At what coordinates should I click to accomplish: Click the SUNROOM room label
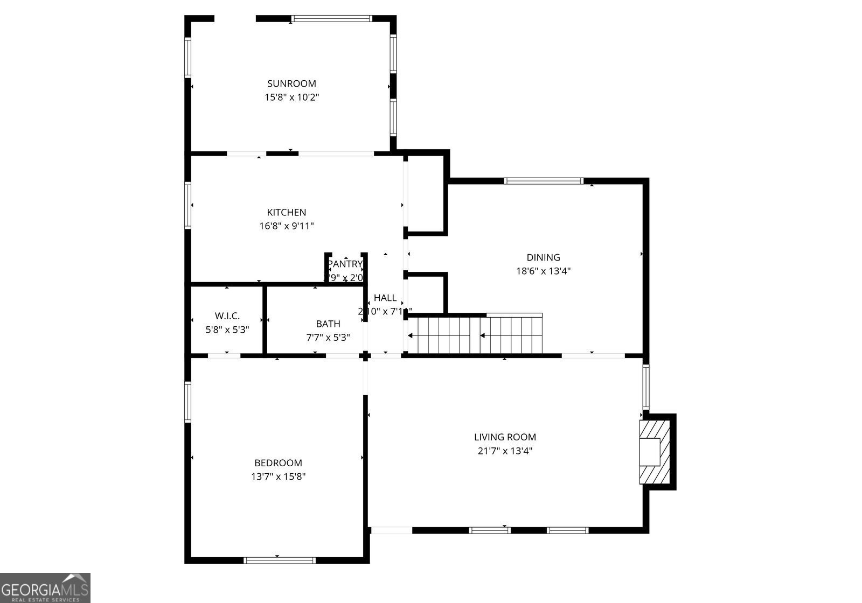pos(291,83)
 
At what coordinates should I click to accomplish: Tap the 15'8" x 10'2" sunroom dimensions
pos(291,97)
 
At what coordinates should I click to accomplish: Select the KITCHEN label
pos(287,213)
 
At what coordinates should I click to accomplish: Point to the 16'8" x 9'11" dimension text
pos(287,226)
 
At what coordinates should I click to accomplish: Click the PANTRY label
pos(345,264)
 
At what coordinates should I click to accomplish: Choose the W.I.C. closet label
pos(227,316)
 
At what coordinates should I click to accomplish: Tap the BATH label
pos(328,324)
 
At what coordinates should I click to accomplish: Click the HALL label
pos(385,298)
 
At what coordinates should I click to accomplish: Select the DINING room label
pos(543,257)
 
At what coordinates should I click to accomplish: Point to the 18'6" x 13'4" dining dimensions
pos(543,271)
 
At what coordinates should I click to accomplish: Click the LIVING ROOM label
pos(505,437)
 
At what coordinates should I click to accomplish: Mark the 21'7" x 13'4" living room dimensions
pos(505,451)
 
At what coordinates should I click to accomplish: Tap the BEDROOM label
pos(278,463)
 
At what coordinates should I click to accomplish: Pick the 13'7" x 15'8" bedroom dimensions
pos(278,476)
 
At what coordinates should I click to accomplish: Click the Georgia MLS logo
pos(45,588)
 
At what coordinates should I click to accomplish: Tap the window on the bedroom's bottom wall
pos(279,560)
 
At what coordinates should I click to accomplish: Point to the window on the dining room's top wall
pos(544,181)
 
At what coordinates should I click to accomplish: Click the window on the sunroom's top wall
pos(331,19)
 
